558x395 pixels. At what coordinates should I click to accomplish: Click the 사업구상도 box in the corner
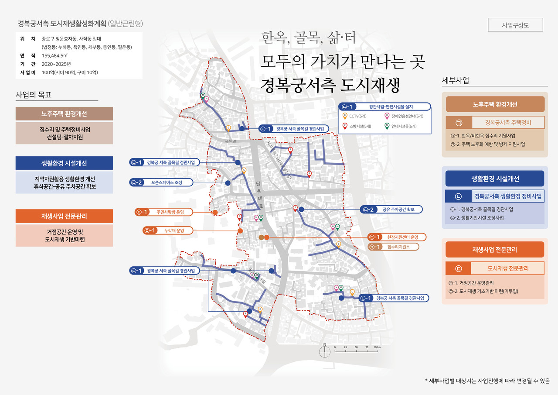[515, 25]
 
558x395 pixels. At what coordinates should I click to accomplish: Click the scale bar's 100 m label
[377, 347]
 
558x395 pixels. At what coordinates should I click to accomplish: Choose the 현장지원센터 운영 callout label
[402, 237]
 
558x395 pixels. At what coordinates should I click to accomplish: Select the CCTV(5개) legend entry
[360, 116]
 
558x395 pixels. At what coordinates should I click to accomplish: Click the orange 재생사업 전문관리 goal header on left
[64, 216]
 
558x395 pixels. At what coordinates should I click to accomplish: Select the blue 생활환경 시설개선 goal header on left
[64, 163]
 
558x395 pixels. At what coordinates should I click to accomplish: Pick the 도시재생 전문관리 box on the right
[508, 268]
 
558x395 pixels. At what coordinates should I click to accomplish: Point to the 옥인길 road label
[230, 141]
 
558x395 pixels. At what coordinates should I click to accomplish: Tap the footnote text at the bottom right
[487, 381]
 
